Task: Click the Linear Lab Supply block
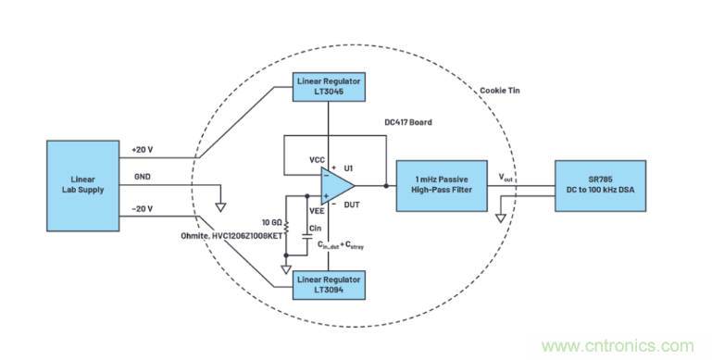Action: [83, 186]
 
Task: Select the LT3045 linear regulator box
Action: [329, 87]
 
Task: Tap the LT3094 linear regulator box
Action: [329, 285]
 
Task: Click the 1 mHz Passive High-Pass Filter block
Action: [442, 186]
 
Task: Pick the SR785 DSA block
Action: [600, 186]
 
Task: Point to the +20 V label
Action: [143, 150]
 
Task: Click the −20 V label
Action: [143, 209]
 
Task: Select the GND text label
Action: [143, 177]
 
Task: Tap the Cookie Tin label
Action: [500, 91]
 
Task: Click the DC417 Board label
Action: [407, 122]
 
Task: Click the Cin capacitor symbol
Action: [307, 237]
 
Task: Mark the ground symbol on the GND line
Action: [220, 207]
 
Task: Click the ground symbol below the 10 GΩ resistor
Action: [286, 269]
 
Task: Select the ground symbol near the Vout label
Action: [500, 217]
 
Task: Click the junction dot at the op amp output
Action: [386, 186]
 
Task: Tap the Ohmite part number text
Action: [231, 236]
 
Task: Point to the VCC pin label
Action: [317, 160]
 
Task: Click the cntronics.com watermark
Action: [618, 346]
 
